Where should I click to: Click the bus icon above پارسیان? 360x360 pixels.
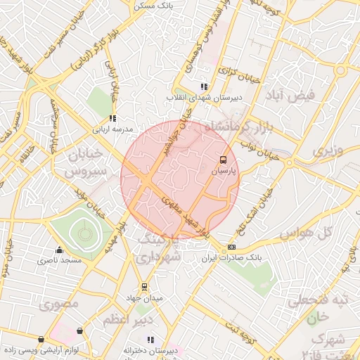pyautogui.click(x=223, y=160)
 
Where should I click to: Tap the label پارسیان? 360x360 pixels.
pyautogui.click(x=224, y=171)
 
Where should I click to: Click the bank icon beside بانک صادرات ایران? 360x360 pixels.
pyautogui.click(x=232, y=247)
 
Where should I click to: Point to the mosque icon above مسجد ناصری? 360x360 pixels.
pyautogui.click(x=59, y=250)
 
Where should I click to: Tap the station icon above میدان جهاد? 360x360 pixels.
pyautogui.click(x=144, y=287)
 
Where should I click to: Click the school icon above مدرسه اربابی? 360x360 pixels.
pyautogui.click(x=112, y=118)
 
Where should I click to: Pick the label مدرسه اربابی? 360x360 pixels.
pyautogui.click(x=112, y=129)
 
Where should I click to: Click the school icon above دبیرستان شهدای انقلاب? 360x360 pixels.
pyautogui.click(x=204, y=86)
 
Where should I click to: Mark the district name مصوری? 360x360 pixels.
pyautogui.click(x=58, y=304)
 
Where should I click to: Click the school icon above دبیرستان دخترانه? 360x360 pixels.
pyautogui.click(x=150, y=340)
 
